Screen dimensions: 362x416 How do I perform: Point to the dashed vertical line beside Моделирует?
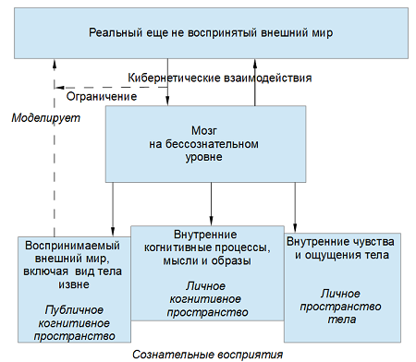[54, 166]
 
